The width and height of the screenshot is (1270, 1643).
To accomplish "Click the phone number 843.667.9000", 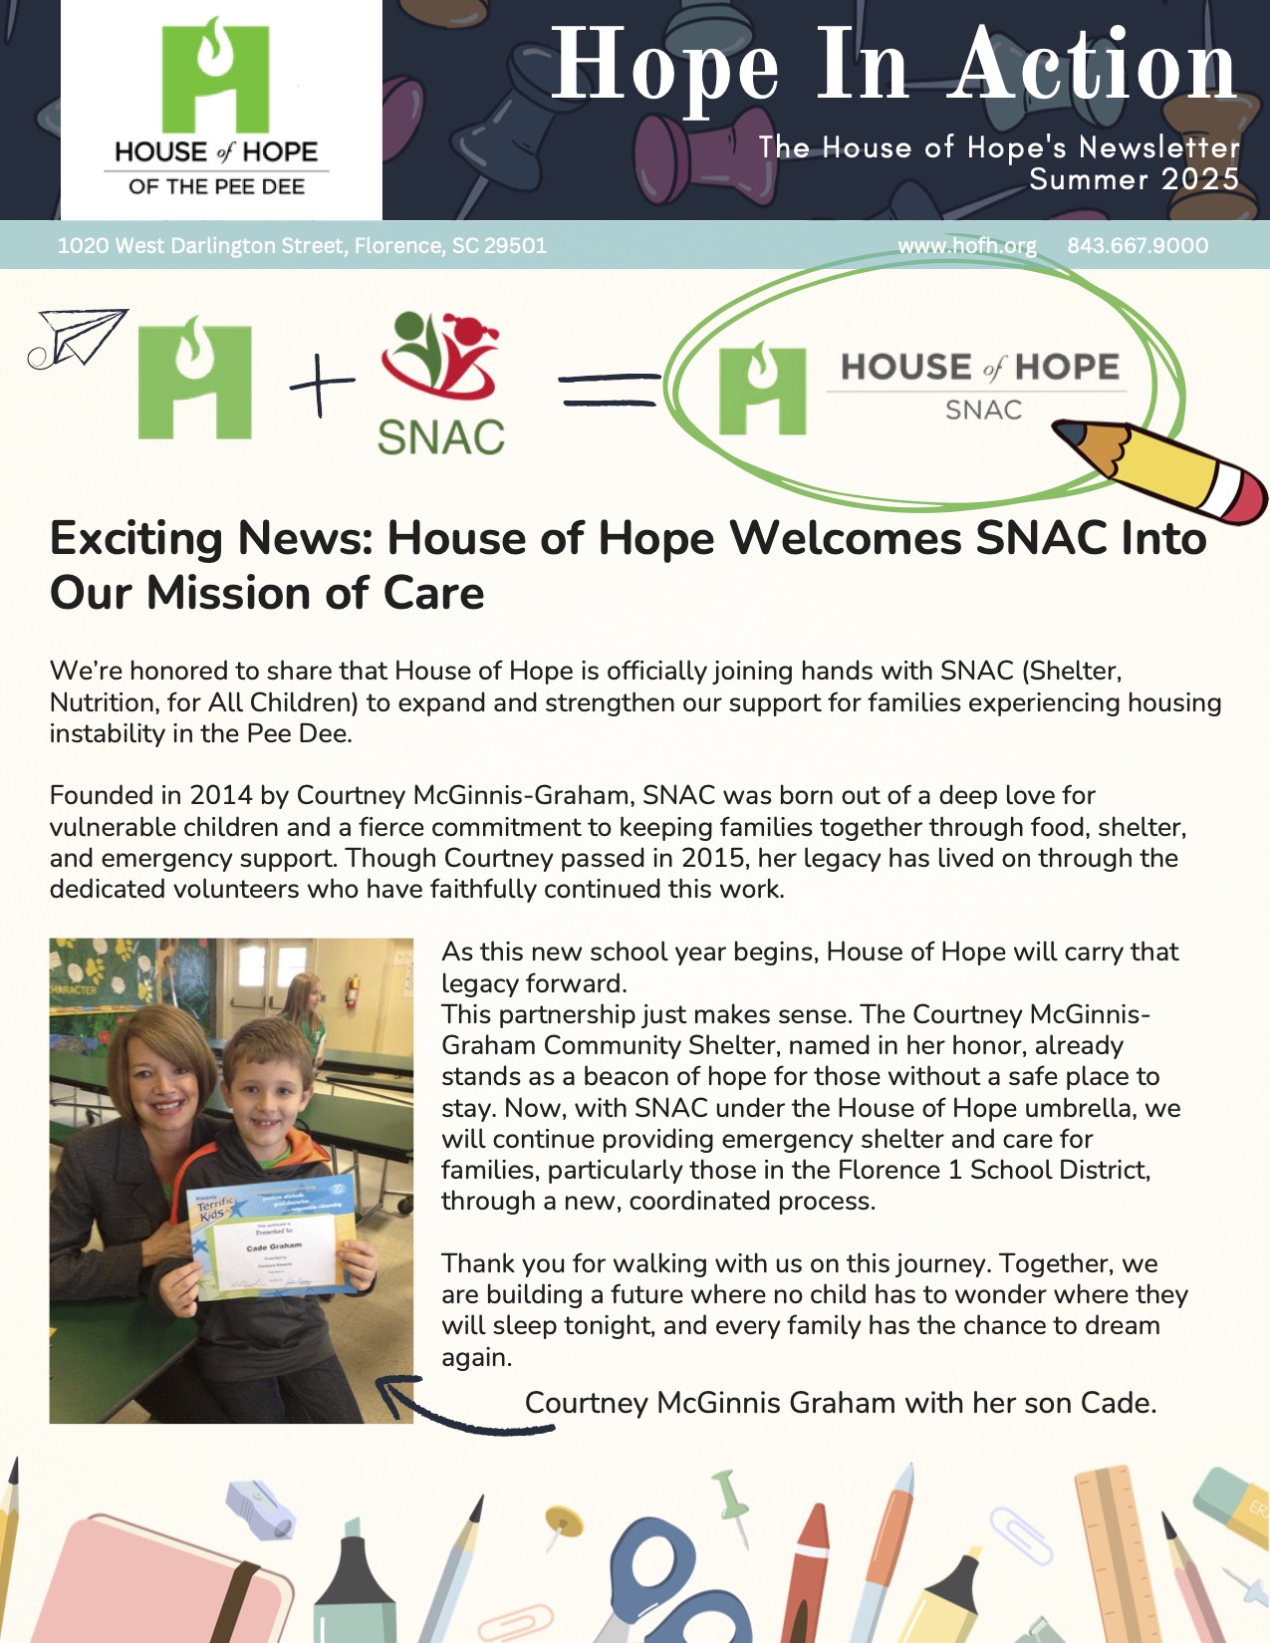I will (1138, 246).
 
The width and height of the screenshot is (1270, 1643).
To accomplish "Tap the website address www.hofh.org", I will (966, 246).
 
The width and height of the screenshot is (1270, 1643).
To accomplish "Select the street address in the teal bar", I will (302, 246).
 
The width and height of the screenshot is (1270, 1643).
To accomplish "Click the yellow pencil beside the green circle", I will (1165, 468).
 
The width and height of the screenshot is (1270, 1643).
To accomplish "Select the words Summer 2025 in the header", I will (1134, 179).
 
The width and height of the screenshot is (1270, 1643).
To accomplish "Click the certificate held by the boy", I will (271, 1235).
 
